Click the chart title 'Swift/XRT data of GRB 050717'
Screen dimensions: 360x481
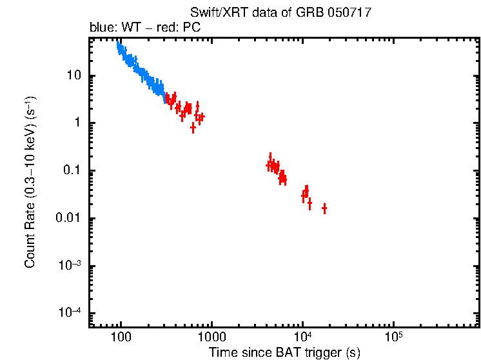point(280,13)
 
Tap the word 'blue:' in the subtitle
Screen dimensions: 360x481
point(101,28)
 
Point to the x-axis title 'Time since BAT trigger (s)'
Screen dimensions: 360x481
point(284,352)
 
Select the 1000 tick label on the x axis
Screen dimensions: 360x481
point(211,337)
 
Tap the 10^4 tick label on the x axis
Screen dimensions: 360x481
point(302,337)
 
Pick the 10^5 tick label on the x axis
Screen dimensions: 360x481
point(393,337)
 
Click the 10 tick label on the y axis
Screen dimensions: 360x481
point(74,75)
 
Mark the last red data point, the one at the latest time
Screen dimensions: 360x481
point(324,208)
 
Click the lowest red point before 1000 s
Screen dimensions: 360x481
point(193,128)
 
